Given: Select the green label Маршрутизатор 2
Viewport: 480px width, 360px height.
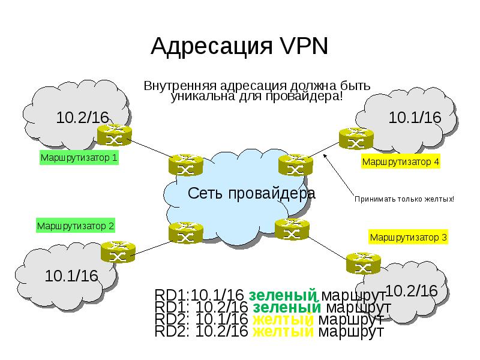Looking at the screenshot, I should tap(76, 226).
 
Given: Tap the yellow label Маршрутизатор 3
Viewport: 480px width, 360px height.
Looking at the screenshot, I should tap(408, 237).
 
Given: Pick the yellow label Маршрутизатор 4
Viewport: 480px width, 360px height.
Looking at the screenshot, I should tap(401, 161).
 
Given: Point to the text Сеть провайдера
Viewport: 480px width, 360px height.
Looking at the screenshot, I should tap(251, 193).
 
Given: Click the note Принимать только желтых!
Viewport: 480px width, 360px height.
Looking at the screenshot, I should tap(404, 199).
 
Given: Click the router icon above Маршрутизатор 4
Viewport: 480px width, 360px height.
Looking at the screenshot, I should tap(355, 138).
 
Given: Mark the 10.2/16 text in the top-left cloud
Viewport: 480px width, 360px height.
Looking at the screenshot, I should tap(82, 117).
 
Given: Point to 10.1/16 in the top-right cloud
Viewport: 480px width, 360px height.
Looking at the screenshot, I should tap(415, 117).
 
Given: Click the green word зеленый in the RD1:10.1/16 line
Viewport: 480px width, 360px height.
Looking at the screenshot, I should tap(282, 295).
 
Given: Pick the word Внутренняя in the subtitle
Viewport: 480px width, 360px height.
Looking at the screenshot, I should tap(178, 85).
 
